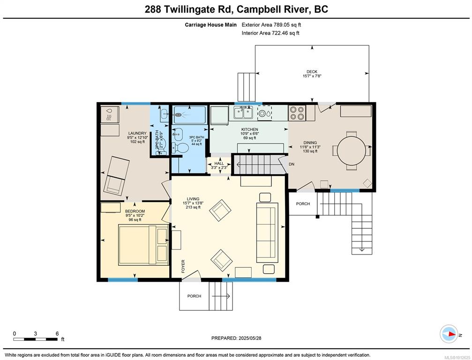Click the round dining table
pyautogui.click(x=352, y=150)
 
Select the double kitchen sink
pyautogui.click(x=243, y=112)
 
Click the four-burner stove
pyautogui.click(x=297, y=113)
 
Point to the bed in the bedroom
pyautogui.click(x=143, y=245)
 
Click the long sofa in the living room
pyautogui.click(x=267, y=232)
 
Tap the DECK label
pyautogui.click(x=312, y=72)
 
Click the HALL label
pyautogui.click(x=219, y=164)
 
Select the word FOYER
pyautogui.click(x=183, y=266)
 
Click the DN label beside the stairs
pyautogui.click(x=292, y=165)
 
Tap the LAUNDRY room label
pyautogui.click(x=137, y=133)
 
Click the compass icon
pyautogui.click(x=449, y=334)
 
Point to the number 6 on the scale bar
pyautogui.click(x=57, y=333)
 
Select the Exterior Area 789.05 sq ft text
pyautogui.click(x=271, y=25)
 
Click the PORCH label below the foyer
pyautogui.click(x=194, y=296)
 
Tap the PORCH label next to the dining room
pyautogui.click(x=303, y=204)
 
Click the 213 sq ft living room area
pyautogui.click(x=193, y=207)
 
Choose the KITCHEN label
pyautogui.click(x=249, y=129)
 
